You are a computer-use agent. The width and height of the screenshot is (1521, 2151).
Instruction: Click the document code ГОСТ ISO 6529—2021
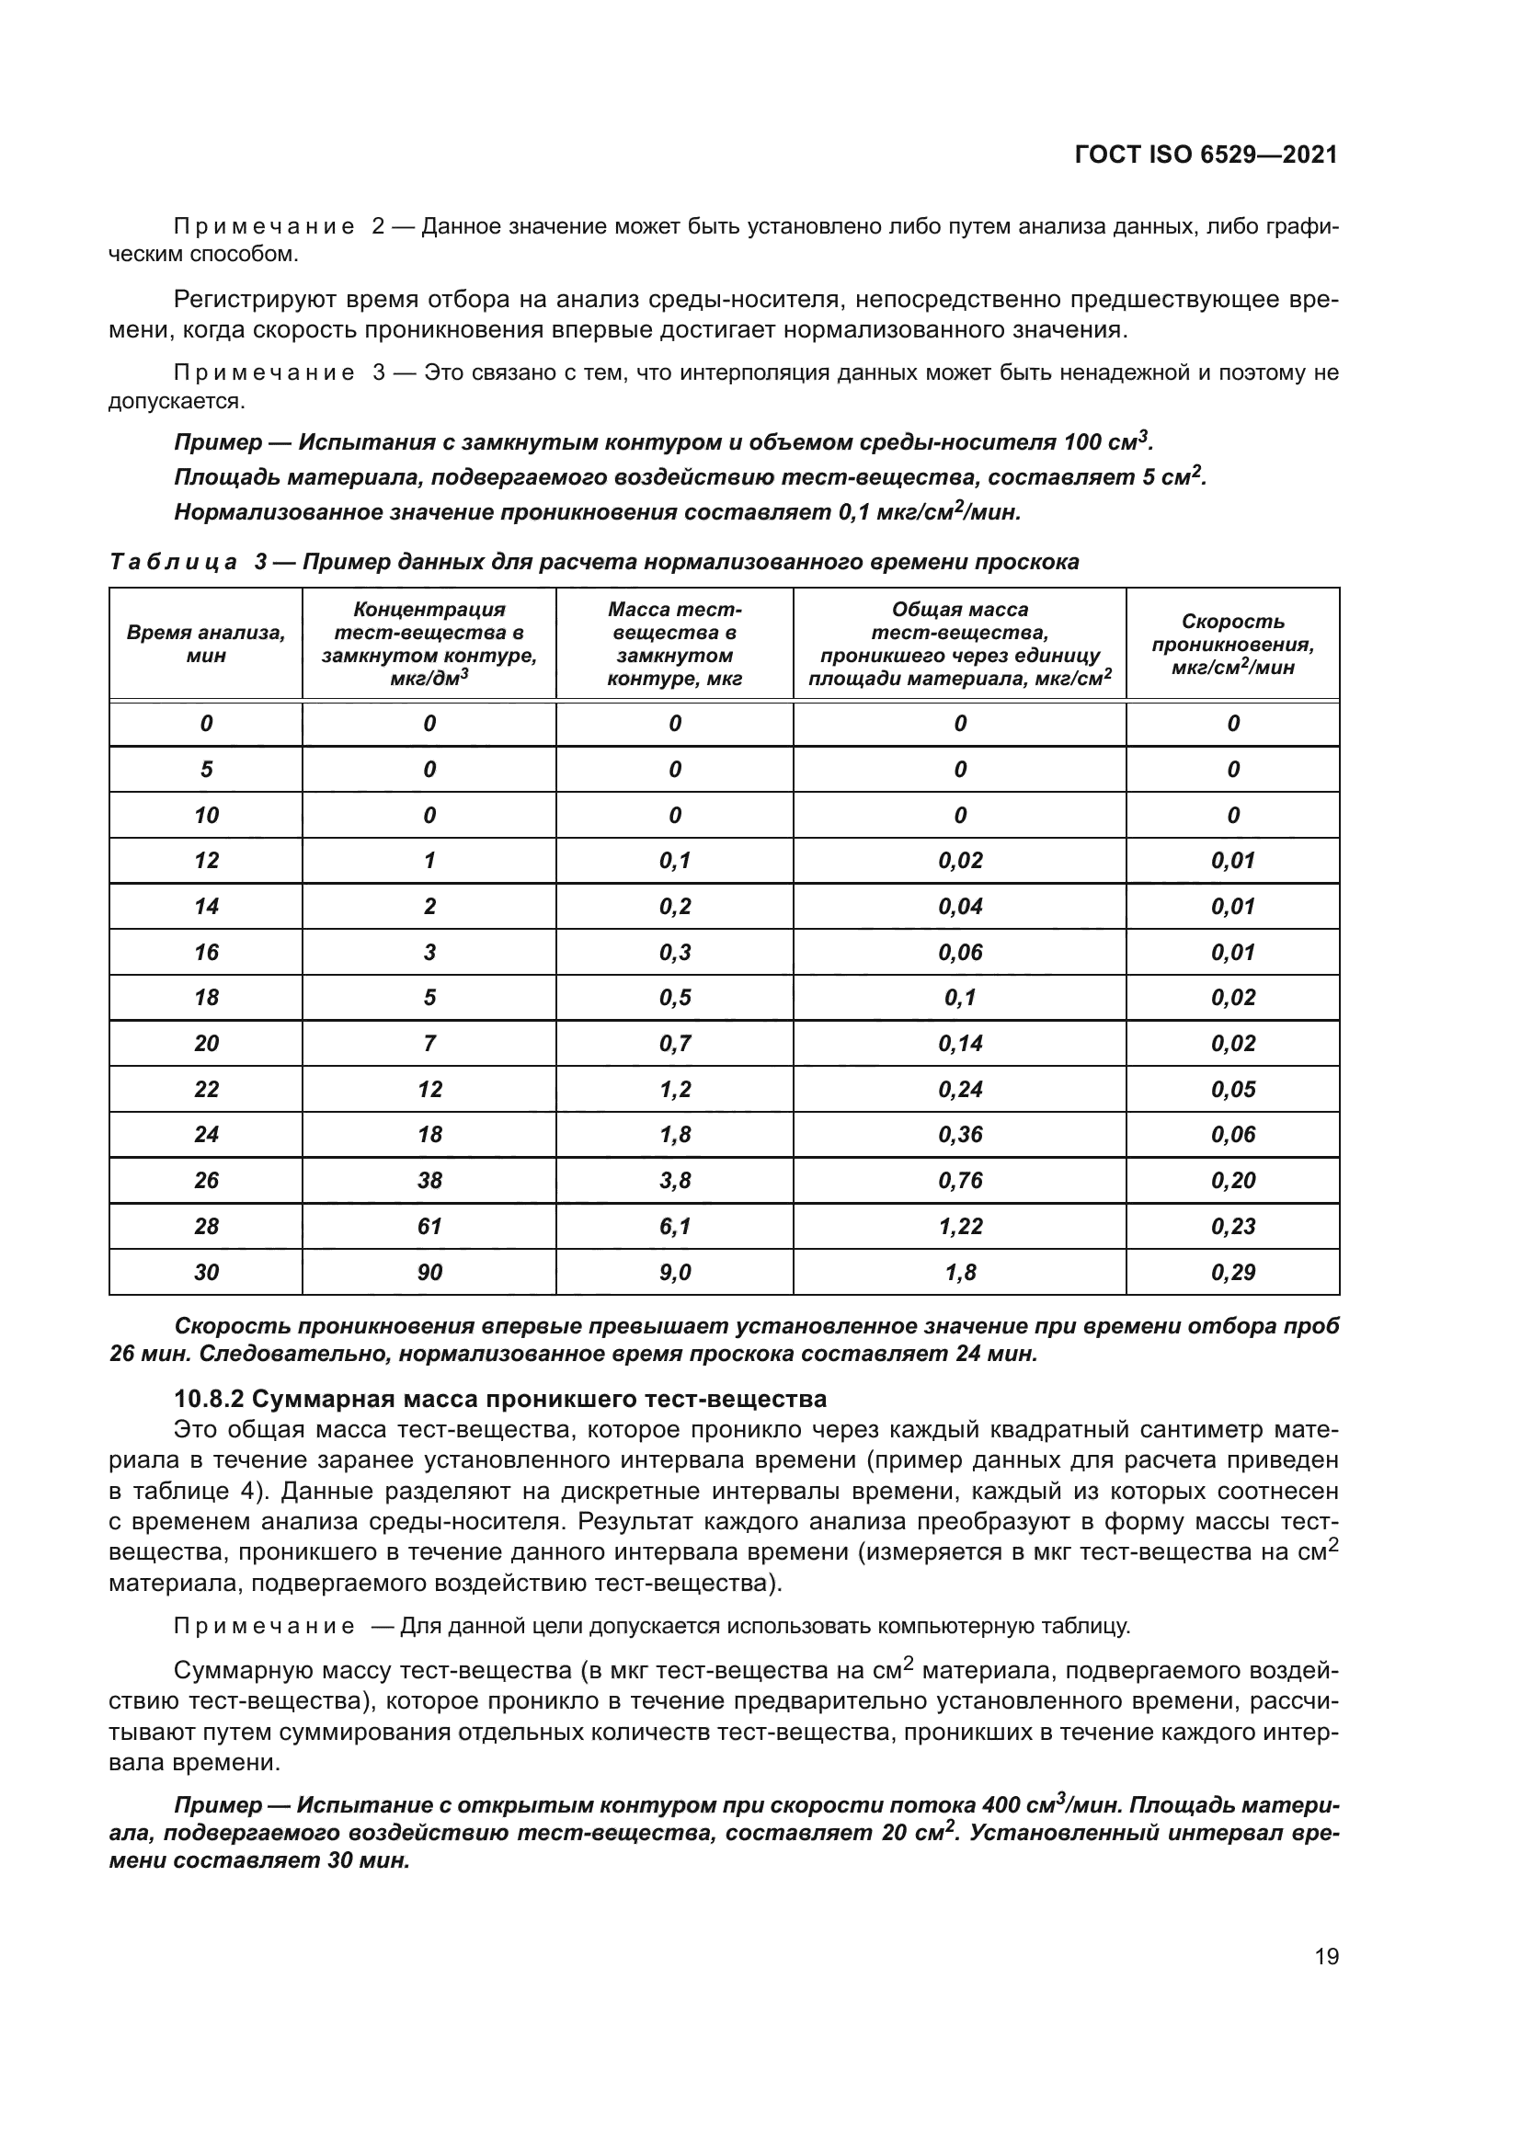point(1206,154)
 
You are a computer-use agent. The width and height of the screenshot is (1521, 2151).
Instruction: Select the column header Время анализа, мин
point(206,644)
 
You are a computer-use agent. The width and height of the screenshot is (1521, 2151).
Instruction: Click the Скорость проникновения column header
point(1232,644)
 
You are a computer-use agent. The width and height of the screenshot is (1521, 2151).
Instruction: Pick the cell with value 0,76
point(960,1180)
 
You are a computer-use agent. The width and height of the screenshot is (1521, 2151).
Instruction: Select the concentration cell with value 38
point(429,1180)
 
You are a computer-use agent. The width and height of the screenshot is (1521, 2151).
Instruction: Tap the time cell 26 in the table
point(206,1180)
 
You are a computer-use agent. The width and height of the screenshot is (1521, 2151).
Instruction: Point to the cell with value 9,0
point(674,1271)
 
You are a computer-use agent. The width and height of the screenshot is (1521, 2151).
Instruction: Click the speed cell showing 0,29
point(1232,1271)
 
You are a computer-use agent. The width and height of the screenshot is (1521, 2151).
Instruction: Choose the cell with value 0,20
point(1232,1180)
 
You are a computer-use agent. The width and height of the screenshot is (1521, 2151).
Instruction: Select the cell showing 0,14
point(960,1043)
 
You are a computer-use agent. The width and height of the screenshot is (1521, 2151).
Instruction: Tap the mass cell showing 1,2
point(674,1089)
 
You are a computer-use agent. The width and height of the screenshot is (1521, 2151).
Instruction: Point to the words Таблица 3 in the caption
point(188,562)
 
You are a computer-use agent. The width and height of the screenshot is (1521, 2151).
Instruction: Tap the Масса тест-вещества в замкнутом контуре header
point(674,644)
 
